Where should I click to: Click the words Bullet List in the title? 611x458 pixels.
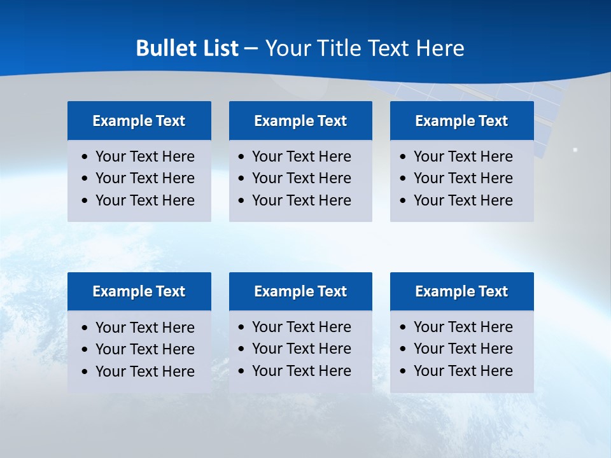tap(187, 48)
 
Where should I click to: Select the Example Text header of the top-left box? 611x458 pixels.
tap(139, 121)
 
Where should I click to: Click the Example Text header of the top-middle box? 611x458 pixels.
tap(300, 121)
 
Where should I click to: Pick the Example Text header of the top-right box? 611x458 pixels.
tap(461, 121)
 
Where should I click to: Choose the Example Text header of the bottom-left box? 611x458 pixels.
tap(139, 291)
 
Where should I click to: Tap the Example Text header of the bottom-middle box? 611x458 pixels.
tap(300, 291)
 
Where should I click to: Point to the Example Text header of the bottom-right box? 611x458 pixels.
tap(461, 291)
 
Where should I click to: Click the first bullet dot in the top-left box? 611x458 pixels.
tap(85, 157)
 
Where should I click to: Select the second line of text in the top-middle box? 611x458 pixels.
tap(301, 178)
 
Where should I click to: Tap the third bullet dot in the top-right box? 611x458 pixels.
tap(404, 201)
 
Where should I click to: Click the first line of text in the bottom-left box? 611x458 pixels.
tap(144, 328)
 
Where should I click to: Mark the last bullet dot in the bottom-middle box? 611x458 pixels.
tap(242, 371)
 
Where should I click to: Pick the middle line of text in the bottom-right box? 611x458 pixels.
tap(463, 349)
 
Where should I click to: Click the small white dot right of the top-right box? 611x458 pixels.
tap(575, 150)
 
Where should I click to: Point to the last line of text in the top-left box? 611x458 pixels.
tap(144, 200)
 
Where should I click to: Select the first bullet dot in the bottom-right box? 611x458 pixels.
tap(404, 328)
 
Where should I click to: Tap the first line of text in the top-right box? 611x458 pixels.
tap(463, 156)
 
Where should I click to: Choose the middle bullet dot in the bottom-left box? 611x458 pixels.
tap(85, 350)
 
